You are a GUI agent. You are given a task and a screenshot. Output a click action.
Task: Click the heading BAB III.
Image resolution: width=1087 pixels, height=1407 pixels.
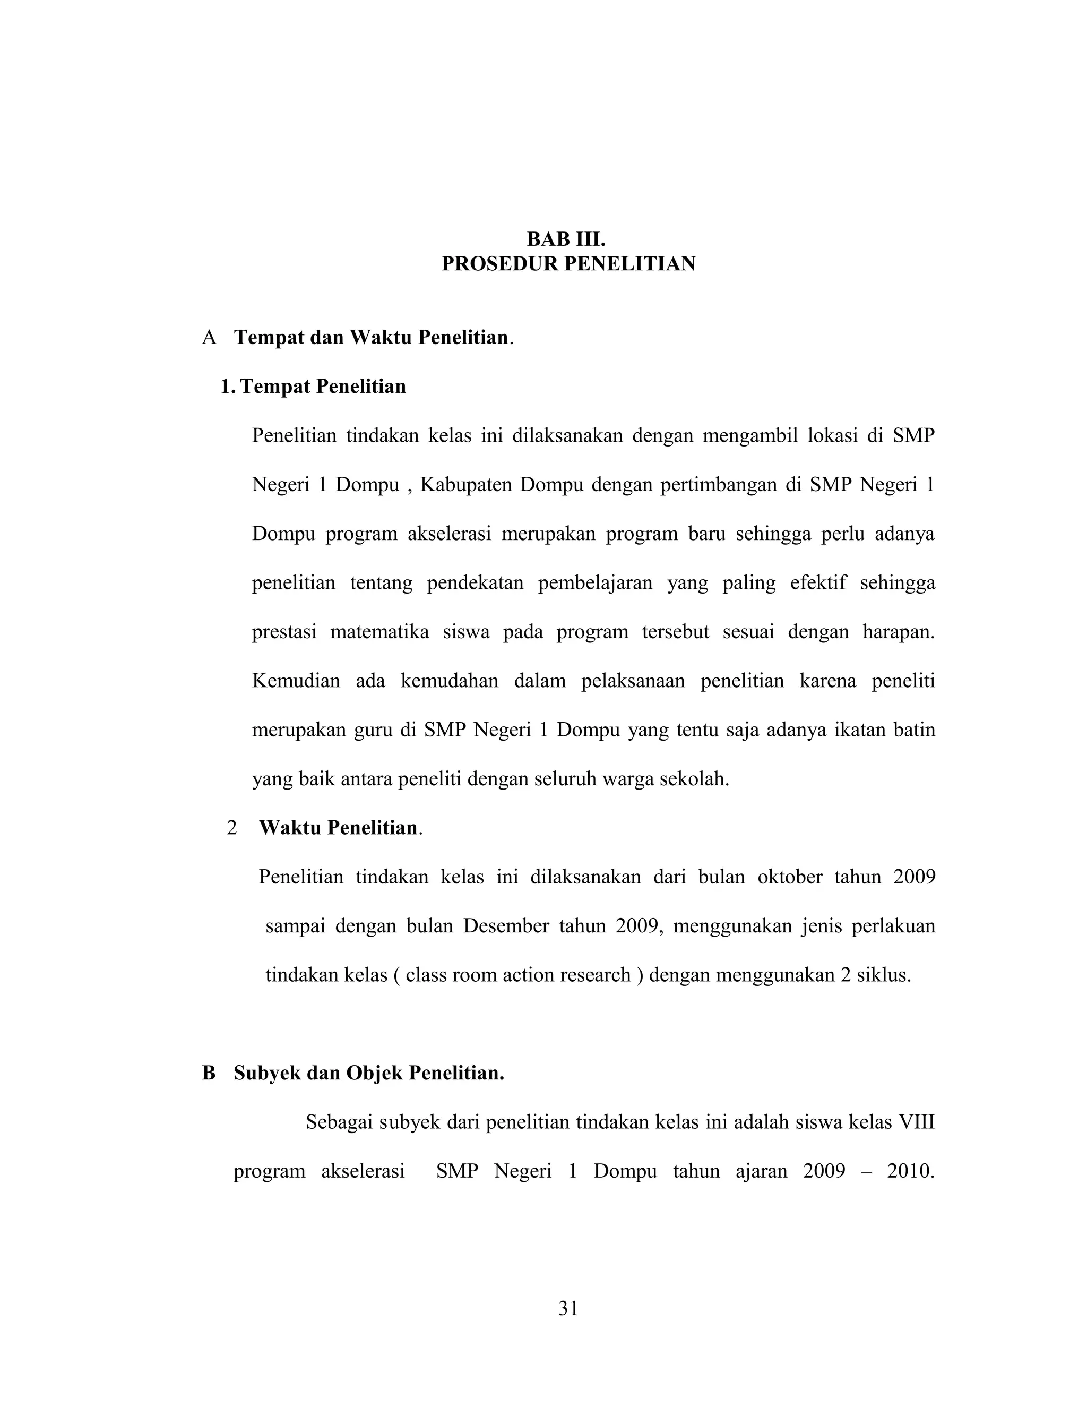(566, 239)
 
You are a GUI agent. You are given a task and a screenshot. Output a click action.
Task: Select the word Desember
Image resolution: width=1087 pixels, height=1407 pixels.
(505, 926)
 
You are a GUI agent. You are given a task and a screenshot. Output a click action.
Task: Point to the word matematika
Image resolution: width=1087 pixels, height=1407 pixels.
(379, 631)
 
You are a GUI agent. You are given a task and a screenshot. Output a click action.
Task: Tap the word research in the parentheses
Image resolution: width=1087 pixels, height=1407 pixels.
(595, 975)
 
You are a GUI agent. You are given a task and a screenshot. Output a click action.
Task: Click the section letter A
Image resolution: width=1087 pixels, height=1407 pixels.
(209, 338)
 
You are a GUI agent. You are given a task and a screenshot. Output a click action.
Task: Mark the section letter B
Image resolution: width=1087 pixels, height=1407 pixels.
(209, 1073)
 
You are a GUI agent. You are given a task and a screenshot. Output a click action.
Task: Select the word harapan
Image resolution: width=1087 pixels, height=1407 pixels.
(899, 631)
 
